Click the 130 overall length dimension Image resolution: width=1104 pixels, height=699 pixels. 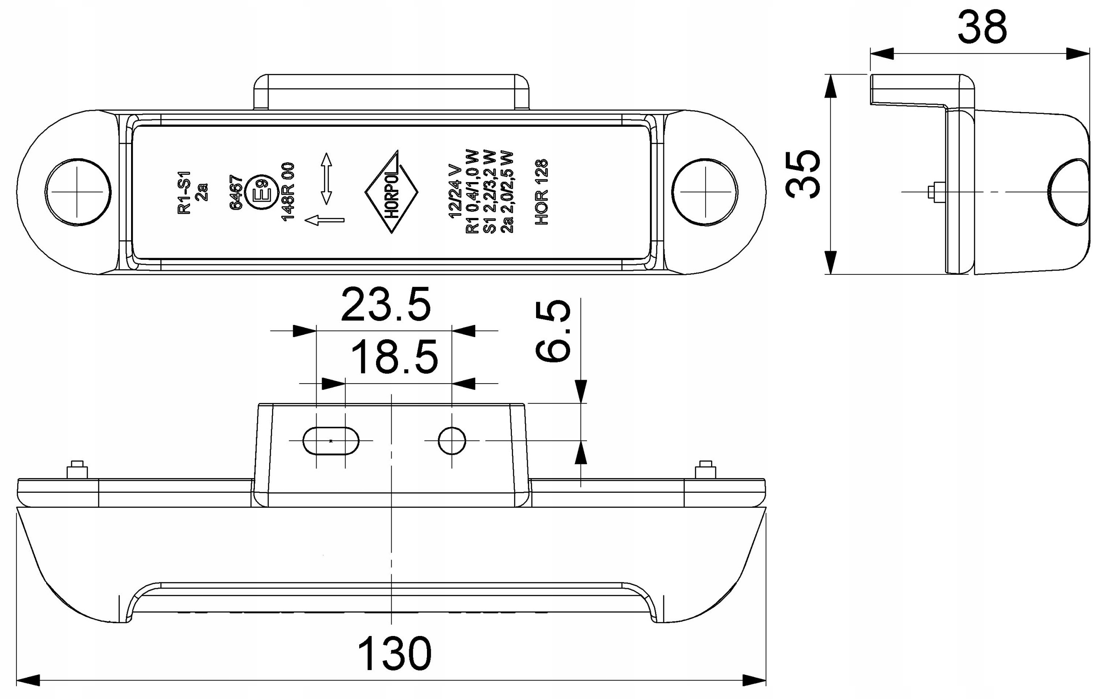(x=394, y=653)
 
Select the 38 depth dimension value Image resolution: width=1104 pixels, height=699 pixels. (x=982, y=28)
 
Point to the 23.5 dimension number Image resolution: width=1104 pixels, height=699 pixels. (x=386, y=305)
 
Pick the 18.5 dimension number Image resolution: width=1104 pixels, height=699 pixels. (x=395, y=357)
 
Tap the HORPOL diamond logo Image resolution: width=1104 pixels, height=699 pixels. (x=392, y=192)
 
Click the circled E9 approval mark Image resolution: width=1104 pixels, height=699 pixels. (x=260, y=192)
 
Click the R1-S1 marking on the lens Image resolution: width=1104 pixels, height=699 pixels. (x=184, y=192)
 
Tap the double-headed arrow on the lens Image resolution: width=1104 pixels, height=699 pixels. (x=326, y=179)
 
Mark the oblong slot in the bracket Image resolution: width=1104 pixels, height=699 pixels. (x=331, y=441)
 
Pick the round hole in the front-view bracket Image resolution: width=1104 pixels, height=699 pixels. (x=452, y=441)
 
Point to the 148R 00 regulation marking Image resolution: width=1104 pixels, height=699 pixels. (x=289, y=192)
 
